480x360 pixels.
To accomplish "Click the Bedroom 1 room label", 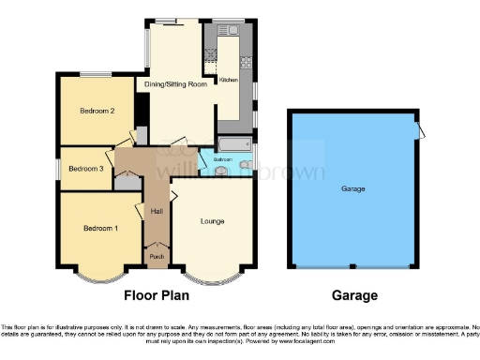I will (99, 229).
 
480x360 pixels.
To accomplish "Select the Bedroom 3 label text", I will (85, 169).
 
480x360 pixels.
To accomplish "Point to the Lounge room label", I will (213, 222).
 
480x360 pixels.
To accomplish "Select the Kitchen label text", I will (228, 81).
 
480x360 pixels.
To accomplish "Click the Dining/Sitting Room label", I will (175, 84).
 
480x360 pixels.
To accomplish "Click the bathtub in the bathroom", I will (233, 144).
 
